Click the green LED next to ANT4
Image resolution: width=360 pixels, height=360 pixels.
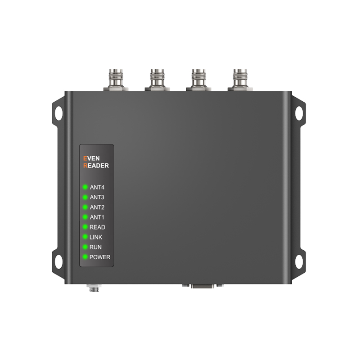point(85,187)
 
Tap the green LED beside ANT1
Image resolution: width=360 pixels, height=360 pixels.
point(85,217)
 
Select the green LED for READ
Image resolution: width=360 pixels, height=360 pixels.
point(85,227)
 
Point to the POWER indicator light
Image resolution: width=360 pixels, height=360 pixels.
point(85,256)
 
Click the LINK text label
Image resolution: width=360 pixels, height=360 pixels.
point(96,237)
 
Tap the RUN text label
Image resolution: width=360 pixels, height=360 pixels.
point(95,247)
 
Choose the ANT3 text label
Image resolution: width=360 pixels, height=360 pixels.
point(97,197)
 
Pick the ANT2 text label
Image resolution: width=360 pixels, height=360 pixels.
point(97,207)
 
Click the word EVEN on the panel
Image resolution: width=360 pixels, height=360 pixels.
point(91,158)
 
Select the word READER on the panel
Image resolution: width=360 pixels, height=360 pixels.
point(96,166)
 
